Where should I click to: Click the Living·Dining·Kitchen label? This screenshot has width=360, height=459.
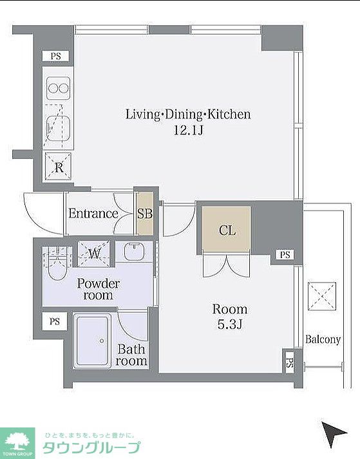point(188,114)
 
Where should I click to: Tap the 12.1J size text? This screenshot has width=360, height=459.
point(188,130)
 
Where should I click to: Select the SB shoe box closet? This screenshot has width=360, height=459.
point(145,213)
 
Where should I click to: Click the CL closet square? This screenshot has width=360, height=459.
point(227,229)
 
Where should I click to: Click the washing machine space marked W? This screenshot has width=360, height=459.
point(94,254)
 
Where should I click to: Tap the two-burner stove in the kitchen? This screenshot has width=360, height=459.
point(59,88)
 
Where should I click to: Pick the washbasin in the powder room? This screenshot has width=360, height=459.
point(134,251)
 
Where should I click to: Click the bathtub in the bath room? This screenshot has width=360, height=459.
point(93,341)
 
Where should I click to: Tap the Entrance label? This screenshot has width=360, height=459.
point(93,213)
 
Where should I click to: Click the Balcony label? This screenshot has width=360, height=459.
point(323,339)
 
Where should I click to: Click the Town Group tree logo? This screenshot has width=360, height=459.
point(17,443)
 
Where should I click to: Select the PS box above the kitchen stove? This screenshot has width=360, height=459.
point(55,56)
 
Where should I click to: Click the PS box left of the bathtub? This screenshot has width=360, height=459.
point(55,321)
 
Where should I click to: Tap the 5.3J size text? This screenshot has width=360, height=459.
point(230,324)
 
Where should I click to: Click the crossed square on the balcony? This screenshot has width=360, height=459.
point(322,296)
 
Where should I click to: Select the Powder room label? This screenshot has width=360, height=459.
point(98,289)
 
